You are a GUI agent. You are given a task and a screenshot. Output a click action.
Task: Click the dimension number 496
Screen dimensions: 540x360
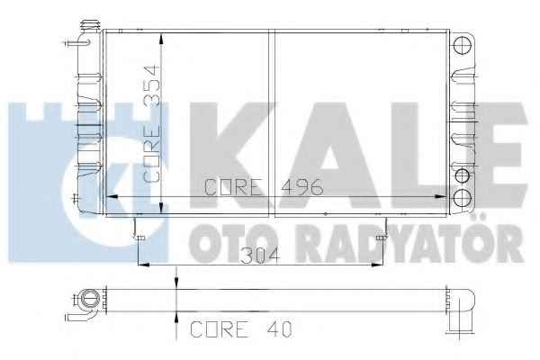(x=302, y=187)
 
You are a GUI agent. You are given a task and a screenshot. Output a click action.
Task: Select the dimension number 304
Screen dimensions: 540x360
(x=259, y=256)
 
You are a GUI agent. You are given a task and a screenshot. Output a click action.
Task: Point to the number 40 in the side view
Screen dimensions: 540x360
(x=279, y=329)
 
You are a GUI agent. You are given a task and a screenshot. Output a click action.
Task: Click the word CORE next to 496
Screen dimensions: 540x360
(x=233, y=187)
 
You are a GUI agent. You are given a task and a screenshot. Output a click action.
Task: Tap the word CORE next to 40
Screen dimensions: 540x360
(x=220, y=329)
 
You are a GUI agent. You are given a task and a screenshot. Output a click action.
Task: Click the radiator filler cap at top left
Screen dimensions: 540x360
(x=90, y=25)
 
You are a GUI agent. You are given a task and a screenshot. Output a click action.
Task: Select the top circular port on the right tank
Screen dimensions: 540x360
(x=462, y=45)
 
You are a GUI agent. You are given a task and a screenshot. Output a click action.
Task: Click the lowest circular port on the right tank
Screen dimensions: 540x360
(x=462, y=198)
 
